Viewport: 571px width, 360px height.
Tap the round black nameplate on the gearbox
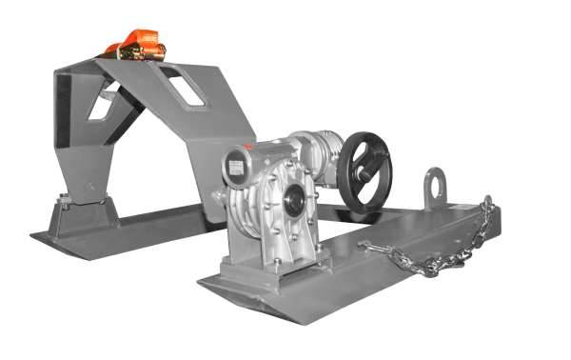point(233,165)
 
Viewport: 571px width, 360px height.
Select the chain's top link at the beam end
point(488,203)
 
